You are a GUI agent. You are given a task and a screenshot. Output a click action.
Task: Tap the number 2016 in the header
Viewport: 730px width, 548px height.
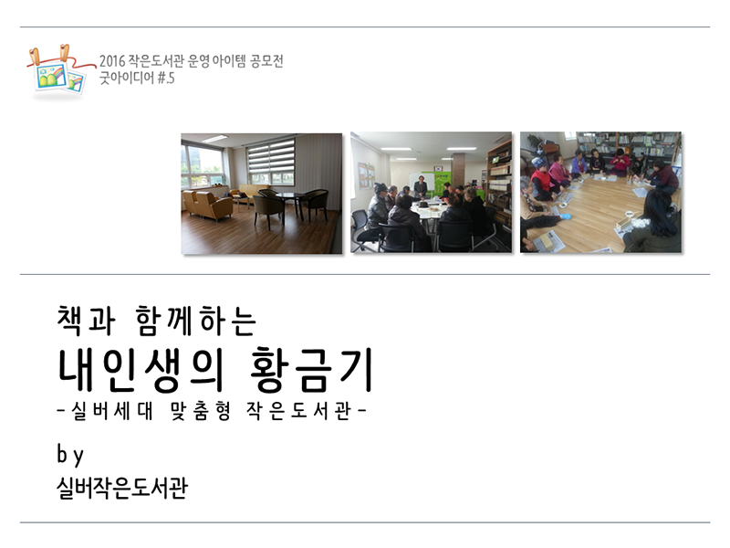(x=112, y=61)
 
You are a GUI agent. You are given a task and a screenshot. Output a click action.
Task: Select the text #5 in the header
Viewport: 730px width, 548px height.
(x=166, y=78)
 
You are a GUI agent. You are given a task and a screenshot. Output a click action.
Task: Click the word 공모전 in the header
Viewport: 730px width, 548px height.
(x=266, y=60)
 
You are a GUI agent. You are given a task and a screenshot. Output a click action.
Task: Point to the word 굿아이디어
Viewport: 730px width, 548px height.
(x=127, y=78)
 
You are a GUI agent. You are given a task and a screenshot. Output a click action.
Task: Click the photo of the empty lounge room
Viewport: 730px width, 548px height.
(x=261, y=194)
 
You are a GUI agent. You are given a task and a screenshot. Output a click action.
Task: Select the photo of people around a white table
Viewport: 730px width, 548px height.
(x=431, y=193)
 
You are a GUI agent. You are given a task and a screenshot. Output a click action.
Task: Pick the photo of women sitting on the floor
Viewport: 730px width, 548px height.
(x=600, y=193)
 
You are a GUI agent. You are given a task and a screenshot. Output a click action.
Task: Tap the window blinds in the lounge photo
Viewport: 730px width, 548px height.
(x=270, y=156)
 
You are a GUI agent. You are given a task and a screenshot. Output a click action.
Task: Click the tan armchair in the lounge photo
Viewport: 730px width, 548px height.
(x=214, y=205)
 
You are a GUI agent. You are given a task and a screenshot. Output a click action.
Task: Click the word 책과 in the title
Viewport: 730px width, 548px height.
(x=86, y=321)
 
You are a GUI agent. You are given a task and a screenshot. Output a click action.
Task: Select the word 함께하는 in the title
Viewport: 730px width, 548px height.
(x=196, y=321)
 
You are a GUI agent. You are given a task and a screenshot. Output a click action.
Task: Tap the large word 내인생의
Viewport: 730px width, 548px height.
(x=139, y=370)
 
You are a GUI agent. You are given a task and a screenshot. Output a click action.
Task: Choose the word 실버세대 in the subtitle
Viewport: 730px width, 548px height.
(x=111, y=410)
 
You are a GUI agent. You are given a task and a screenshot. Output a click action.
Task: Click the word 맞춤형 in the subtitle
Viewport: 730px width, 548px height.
(x=201, y=410)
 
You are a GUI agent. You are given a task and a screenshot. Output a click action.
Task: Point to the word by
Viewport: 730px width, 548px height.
(x=70, y=454)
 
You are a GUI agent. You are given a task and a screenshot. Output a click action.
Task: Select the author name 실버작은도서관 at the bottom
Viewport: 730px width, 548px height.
(x=122, y=488)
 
